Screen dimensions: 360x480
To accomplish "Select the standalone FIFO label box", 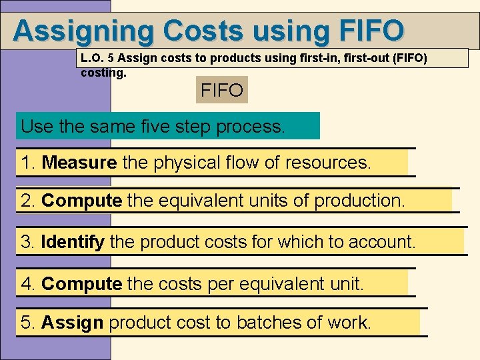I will point(222,89).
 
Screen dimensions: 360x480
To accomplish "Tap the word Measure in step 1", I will point(79,163).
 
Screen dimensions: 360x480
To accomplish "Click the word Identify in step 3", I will point(73,242).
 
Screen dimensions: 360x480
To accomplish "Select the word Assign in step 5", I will point(72,323).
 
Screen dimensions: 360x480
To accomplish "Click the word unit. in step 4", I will point(347,285).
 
